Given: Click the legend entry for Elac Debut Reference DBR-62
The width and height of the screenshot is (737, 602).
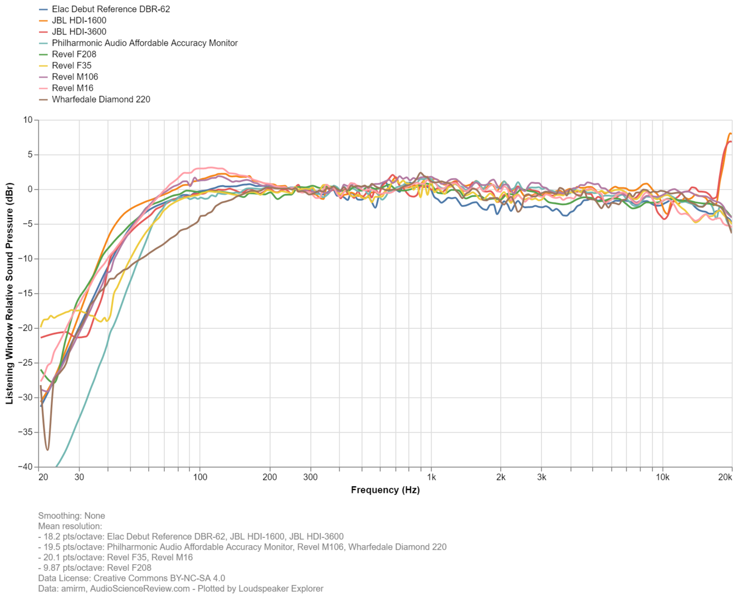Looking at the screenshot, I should point(111,9).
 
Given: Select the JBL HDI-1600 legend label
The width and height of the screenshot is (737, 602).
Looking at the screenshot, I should point(79,21).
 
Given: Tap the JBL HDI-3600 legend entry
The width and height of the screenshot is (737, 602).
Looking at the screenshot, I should point(79,32).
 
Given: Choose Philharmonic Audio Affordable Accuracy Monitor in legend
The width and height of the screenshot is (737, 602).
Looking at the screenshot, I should point(145,43).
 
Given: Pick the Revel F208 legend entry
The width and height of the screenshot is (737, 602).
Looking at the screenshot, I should point(74,54).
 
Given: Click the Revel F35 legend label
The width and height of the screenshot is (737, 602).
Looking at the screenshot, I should point(72,66).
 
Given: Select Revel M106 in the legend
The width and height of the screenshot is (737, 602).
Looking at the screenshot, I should point(75,77).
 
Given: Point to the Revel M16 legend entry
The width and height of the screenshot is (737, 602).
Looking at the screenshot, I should point(73,88).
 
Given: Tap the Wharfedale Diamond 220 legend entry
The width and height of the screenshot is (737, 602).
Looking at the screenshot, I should point(101,99).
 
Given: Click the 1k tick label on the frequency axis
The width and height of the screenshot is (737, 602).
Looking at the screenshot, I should point(431,477).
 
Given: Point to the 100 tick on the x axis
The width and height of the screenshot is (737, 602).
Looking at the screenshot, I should point(200,477).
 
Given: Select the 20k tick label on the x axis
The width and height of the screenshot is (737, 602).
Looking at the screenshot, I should point(725,477).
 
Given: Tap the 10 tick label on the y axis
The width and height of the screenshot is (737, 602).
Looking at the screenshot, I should point(28,120).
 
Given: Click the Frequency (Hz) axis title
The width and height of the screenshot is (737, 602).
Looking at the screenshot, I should point(385,490).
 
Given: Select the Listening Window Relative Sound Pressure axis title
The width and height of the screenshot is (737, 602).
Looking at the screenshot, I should point(9,293).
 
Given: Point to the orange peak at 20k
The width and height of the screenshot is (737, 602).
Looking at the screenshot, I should point(730,134).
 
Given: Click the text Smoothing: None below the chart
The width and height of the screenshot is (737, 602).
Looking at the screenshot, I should point(71,516).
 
